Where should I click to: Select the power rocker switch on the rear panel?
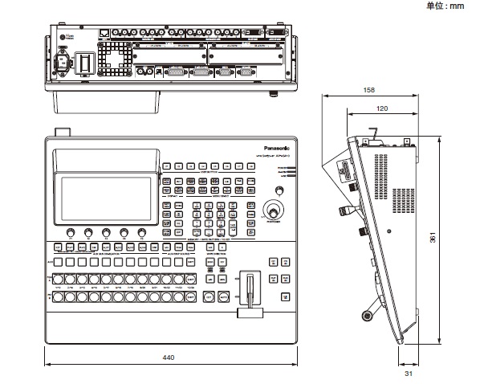click(83, 62)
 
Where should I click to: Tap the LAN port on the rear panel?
click(106, 35)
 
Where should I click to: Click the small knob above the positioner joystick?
click(279, 191)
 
